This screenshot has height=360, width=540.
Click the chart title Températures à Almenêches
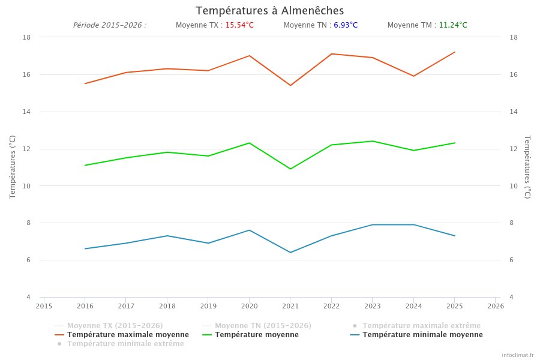point(269,11)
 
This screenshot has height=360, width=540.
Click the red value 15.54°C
point(239,25)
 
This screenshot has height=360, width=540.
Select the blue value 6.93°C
point(346,25)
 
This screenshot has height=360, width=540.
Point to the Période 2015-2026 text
point(109,25)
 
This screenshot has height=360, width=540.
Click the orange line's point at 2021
point(290,85)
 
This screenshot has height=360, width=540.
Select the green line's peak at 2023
point(373,141)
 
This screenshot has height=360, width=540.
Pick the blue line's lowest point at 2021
point(290,252)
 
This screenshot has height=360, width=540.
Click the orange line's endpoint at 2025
point(455,52)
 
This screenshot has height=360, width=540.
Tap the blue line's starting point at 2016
point(85,248)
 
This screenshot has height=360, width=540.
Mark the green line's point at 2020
point(250,143)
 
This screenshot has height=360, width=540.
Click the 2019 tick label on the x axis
point(208,306)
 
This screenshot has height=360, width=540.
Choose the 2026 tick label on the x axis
point(496,306)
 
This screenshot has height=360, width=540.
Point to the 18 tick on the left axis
point(27,37)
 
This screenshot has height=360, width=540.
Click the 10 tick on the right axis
point(513,186)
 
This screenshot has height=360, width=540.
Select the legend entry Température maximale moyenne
point(128,335)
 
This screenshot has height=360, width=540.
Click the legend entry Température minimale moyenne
point(422,335)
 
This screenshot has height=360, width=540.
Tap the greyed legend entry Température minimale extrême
point(125,344)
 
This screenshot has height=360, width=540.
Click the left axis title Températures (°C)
point(13,167)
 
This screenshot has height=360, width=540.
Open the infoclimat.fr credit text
point(517,355)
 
